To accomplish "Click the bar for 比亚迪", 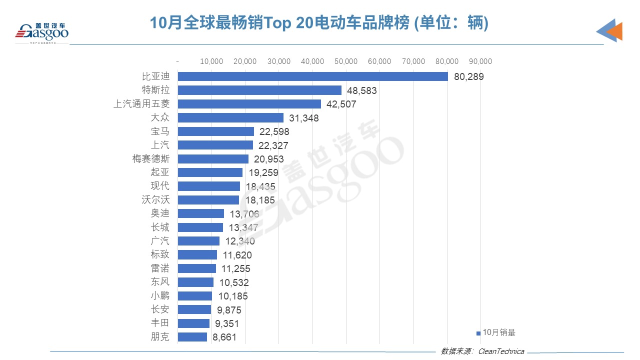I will click(x=312, y=76).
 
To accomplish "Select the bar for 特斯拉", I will click(x=259, y=90).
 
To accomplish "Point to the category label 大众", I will click(x=160, y=118).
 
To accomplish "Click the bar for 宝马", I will click(x=216, y=131).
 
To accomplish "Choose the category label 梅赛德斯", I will click(x=149, y=159).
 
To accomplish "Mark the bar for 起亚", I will click(x=210, y=172).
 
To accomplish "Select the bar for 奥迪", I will click(x=201, y=213).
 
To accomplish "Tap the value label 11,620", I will click(x=237, y=255).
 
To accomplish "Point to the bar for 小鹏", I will click(x=195, y=296).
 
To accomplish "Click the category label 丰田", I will click(x=160, y=323).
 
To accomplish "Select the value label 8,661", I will click(x=224, y=337).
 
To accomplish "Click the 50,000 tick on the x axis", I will click(x=345, y=61).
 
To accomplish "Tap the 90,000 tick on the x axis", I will click(x=480, y=61).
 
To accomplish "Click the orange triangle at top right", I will click(x=615, y=31).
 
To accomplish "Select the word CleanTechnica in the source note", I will click(x=501, y=351).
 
